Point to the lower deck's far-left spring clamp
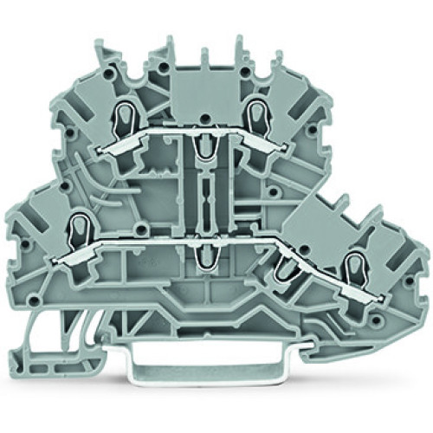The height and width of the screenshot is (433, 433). tap(77, 226)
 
